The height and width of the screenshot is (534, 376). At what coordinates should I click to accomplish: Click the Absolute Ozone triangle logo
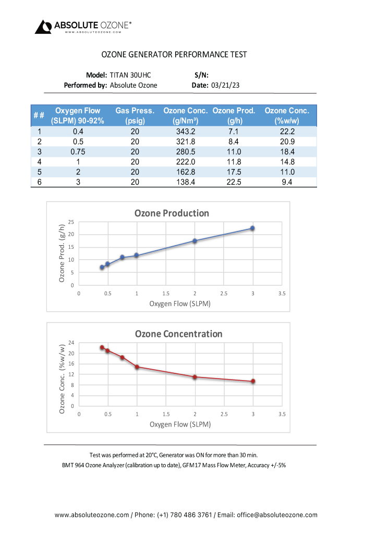click(x=43, y=27)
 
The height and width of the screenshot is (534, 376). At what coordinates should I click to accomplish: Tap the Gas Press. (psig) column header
click(x=135, y=115)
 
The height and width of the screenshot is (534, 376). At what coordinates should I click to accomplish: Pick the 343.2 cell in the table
click(x=186, y=131)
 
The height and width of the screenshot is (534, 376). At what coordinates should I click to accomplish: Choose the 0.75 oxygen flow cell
click(x=77, y=151)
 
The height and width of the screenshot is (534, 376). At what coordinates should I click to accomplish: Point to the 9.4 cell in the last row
click(x=287, y=181)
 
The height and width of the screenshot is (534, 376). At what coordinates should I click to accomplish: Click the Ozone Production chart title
click(x=172, y=213)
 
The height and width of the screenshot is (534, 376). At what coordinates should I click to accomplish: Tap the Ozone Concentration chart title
click(x=178, y=334)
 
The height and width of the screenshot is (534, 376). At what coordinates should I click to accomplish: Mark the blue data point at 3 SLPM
click(x=252, y=228)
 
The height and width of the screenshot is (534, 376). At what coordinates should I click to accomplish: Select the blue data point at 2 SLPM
click(x=195, y=241)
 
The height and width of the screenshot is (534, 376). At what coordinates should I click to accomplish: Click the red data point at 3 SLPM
click(x=253, y=381)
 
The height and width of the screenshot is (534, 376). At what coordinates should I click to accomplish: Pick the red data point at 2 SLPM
click(x=195, y=377)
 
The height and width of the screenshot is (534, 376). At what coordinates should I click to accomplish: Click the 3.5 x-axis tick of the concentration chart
click(x=282, y=414)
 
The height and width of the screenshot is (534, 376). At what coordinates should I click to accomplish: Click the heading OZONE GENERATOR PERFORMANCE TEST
click(x=174, y=54)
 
